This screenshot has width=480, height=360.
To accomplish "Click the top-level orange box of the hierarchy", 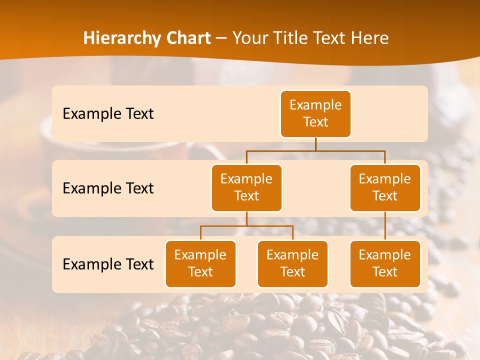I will click(315, 114).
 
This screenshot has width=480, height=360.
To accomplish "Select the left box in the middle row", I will click(246, 188).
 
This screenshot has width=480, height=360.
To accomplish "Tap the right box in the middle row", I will click(385, 188).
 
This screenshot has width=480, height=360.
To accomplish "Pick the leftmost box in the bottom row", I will click(200, 264).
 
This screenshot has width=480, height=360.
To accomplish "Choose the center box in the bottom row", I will click(292, 264).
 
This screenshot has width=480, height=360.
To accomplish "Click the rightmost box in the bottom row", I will click(385, 264).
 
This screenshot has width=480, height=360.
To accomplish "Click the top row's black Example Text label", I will click(108, 114).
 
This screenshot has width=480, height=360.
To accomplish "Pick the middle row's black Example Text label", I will click(108, 188).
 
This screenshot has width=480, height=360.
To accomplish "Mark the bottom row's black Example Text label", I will click(108, 264).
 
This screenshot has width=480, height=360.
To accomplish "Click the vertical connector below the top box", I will click(315, 144).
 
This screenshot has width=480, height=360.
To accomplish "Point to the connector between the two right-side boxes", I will click(385, 226).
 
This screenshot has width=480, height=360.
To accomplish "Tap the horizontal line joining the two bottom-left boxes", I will click(246, 226).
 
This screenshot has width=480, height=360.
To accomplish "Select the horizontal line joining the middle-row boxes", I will click(315, 150).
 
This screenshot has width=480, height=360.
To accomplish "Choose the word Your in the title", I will click(248, 38).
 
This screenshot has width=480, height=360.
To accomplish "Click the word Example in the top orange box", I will click(315, 105).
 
